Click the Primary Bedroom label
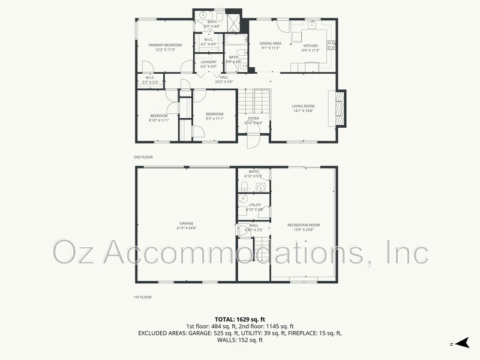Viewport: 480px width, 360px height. point(165,45)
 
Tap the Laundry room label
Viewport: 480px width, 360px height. point(209,61)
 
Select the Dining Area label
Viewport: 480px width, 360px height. point(271,43)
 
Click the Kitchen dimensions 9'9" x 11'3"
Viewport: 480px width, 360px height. point(310,50)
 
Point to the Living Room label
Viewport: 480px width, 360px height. point(303,106)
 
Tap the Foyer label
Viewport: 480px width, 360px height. point(254,118)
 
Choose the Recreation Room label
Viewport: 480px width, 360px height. point(304,224)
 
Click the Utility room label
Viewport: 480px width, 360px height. point(254,205)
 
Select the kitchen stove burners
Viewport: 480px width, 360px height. point(331,44)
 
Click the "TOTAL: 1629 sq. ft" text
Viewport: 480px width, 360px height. point(239,319)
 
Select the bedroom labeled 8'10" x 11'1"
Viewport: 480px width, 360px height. point(159,117)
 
